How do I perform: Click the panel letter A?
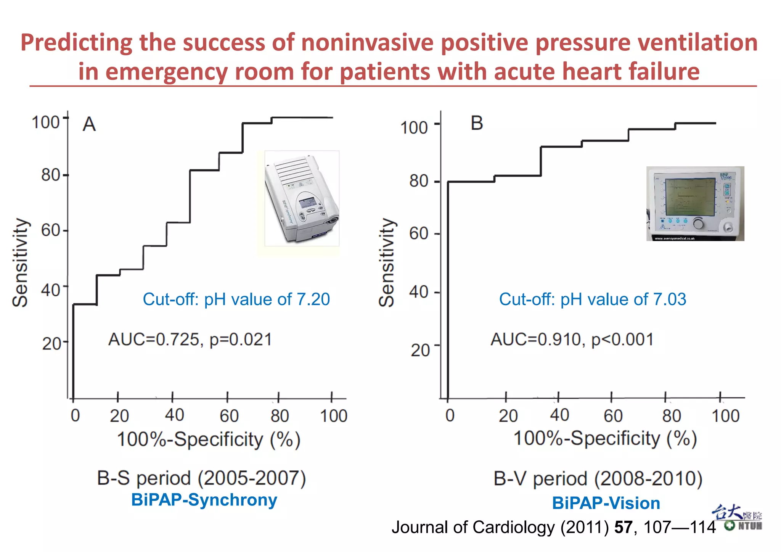[x=89, y=124]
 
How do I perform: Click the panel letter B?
[x=477, y=123]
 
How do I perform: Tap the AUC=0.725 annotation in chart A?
[x=190, y=339]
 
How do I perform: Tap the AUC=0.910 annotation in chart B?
[x=572, y=339]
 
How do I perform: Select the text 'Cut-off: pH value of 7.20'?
[x=236, y=299]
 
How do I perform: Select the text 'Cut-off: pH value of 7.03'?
[x=592, y=299]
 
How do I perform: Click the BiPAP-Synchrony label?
[x=204, y=500]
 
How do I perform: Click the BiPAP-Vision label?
[x=606, y=503]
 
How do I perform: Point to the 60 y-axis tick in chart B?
[x=419, y=233]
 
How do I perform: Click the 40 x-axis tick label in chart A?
[x=174, y=415]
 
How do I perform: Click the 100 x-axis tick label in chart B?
[x=725, y=416]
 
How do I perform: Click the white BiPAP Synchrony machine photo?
[x=301, y=198]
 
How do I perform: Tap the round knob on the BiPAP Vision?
[x=698, y=224]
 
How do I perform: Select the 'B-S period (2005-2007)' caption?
[x=201, y=478]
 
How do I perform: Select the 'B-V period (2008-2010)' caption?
[x=598, y=479]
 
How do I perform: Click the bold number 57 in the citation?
[x=623, y=527]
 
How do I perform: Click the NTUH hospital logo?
[x=738, y=518]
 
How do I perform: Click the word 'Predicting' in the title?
[x=76, y=42]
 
